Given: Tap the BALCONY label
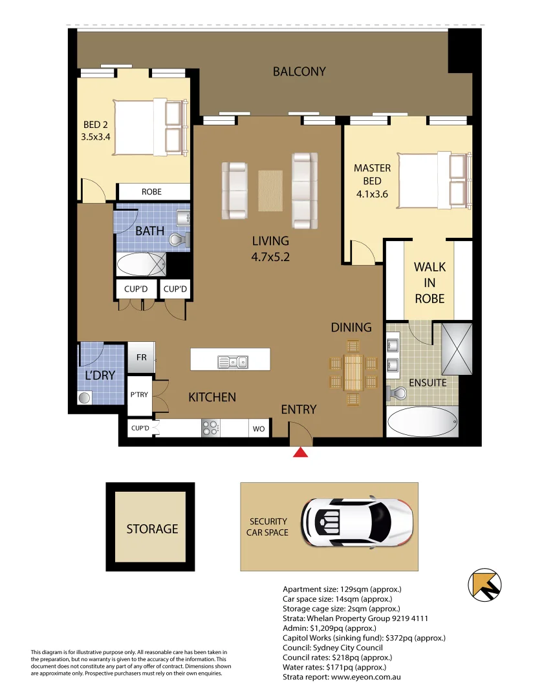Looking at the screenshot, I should [x=299, y=72].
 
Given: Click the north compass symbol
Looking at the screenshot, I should [x=484, y=585].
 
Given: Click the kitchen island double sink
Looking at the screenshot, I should [x=232, y=361].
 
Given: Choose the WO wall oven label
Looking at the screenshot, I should [x=259, y=428].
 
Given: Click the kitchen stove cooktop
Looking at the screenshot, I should [x=211, y=428].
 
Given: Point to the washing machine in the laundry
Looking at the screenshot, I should [x=85, y=398].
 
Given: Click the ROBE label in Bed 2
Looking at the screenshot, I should [x=152, y=192].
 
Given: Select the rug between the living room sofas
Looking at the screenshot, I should [x=270, y=191].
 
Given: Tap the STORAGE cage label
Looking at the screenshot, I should [x=152, y=529].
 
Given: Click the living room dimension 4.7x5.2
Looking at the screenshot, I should [x=270, y=256].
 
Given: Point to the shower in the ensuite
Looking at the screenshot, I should [x=457, y=349].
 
